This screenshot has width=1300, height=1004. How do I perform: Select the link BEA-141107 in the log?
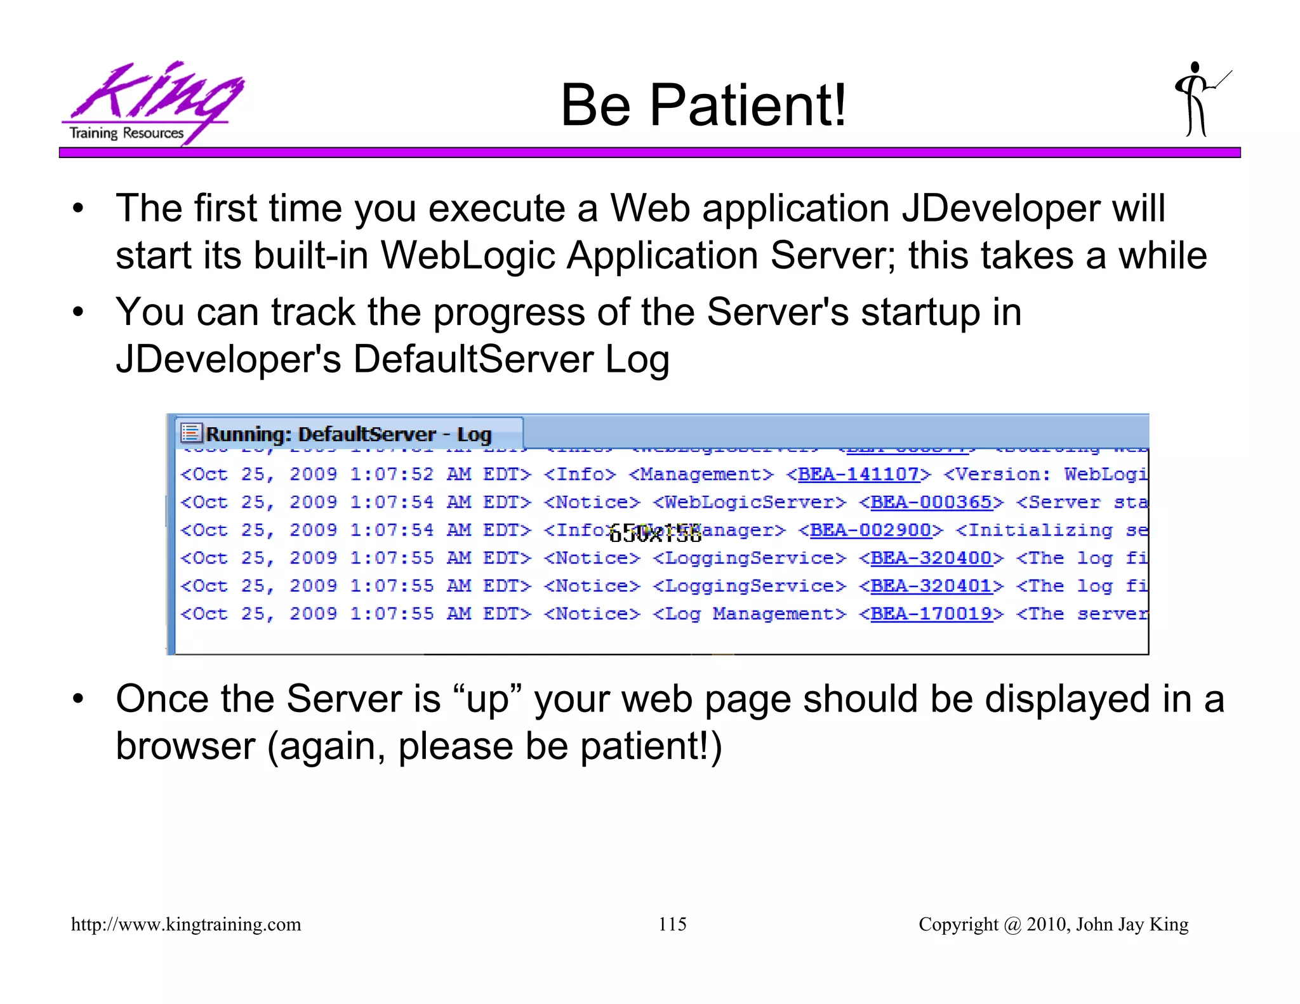(858, 474)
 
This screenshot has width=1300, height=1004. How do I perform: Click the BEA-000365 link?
(931, 502)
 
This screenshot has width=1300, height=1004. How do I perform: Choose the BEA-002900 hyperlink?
(870, 530)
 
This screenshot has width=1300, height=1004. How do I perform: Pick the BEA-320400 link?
(931, 558)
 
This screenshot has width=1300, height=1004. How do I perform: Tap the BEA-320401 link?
(931, 586)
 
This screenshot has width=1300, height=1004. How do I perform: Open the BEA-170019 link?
(931, 614)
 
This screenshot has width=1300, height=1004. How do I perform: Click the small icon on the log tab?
(191, 433)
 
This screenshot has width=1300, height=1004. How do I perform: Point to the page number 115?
(672, 924)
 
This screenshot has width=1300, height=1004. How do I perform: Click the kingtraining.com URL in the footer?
(186, 924)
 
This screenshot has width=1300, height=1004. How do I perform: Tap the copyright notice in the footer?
(1053, 924)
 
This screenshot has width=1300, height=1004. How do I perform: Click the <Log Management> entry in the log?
(750, 614)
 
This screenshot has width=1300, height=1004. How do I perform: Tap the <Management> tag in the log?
(701, 474)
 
